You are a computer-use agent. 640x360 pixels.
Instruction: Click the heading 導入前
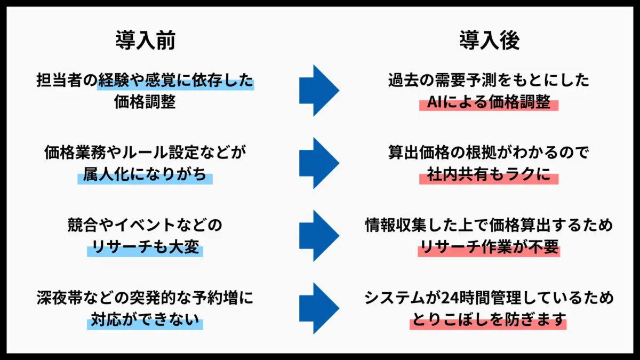point(145,41)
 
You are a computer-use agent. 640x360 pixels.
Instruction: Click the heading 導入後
point(489,41)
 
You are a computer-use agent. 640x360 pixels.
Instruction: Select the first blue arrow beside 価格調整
point(318,90)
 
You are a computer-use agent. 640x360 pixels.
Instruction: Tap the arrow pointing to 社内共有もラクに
point(318,163)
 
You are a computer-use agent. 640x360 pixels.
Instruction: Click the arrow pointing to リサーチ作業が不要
point(318,235)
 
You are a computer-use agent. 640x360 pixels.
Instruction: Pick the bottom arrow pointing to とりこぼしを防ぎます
point(318,308)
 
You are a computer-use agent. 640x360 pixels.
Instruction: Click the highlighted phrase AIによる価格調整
point(489,102)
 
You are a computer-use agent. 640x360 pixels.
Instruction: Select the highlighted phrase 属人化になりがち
point(145,175)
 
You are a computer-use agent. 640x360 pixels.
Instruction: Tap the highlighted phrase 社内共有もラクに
point(489,175)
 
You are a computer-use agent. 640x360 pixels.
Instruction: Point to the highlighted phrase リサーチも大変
point(145,247)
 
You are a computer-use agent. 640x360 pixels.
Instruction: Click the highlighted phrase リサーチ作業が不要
point(489,247)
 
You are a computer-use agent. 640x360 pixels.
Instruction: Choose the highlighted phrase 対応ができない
point(145,320)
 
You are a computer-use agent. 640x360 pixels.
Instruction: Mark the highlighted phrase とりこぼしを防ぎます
point(489,320)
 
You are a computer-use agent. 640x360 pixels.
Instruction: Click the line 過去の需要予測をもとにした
point(489,81)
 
